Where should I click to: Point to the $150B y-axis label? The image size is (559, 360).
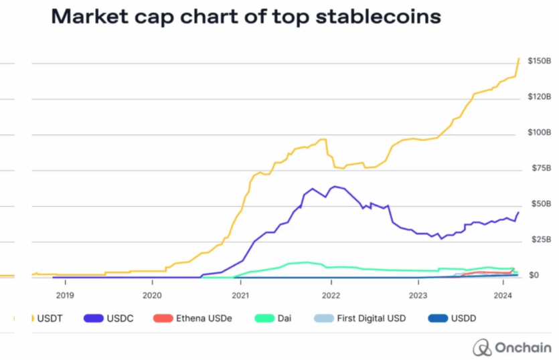point(539,62)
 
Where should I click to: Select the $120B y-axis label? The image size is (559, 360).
point(539,98)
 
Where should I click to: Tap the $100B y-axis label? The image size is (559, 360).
point(539,133)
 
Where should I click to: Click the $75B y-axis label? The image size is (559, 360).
point(537,169)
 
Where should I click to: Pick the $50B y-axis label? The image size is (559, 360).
point(537,204)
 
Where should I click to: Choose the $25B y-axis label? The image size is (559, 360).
point(537,240)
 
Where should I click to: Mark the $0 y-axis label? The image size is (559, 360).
point(534,275)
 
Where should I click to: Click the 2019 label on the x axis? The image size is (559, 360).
point(65,294)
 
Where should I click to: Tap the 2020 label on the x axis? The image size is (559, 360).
point(153,294)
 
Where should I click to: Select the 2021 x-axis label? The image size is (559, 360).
point(241,294)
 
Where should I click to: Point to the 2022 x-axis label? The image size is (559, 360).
point(330,294)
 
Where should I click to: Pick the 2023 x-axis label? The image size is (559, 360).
point(418,294)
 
